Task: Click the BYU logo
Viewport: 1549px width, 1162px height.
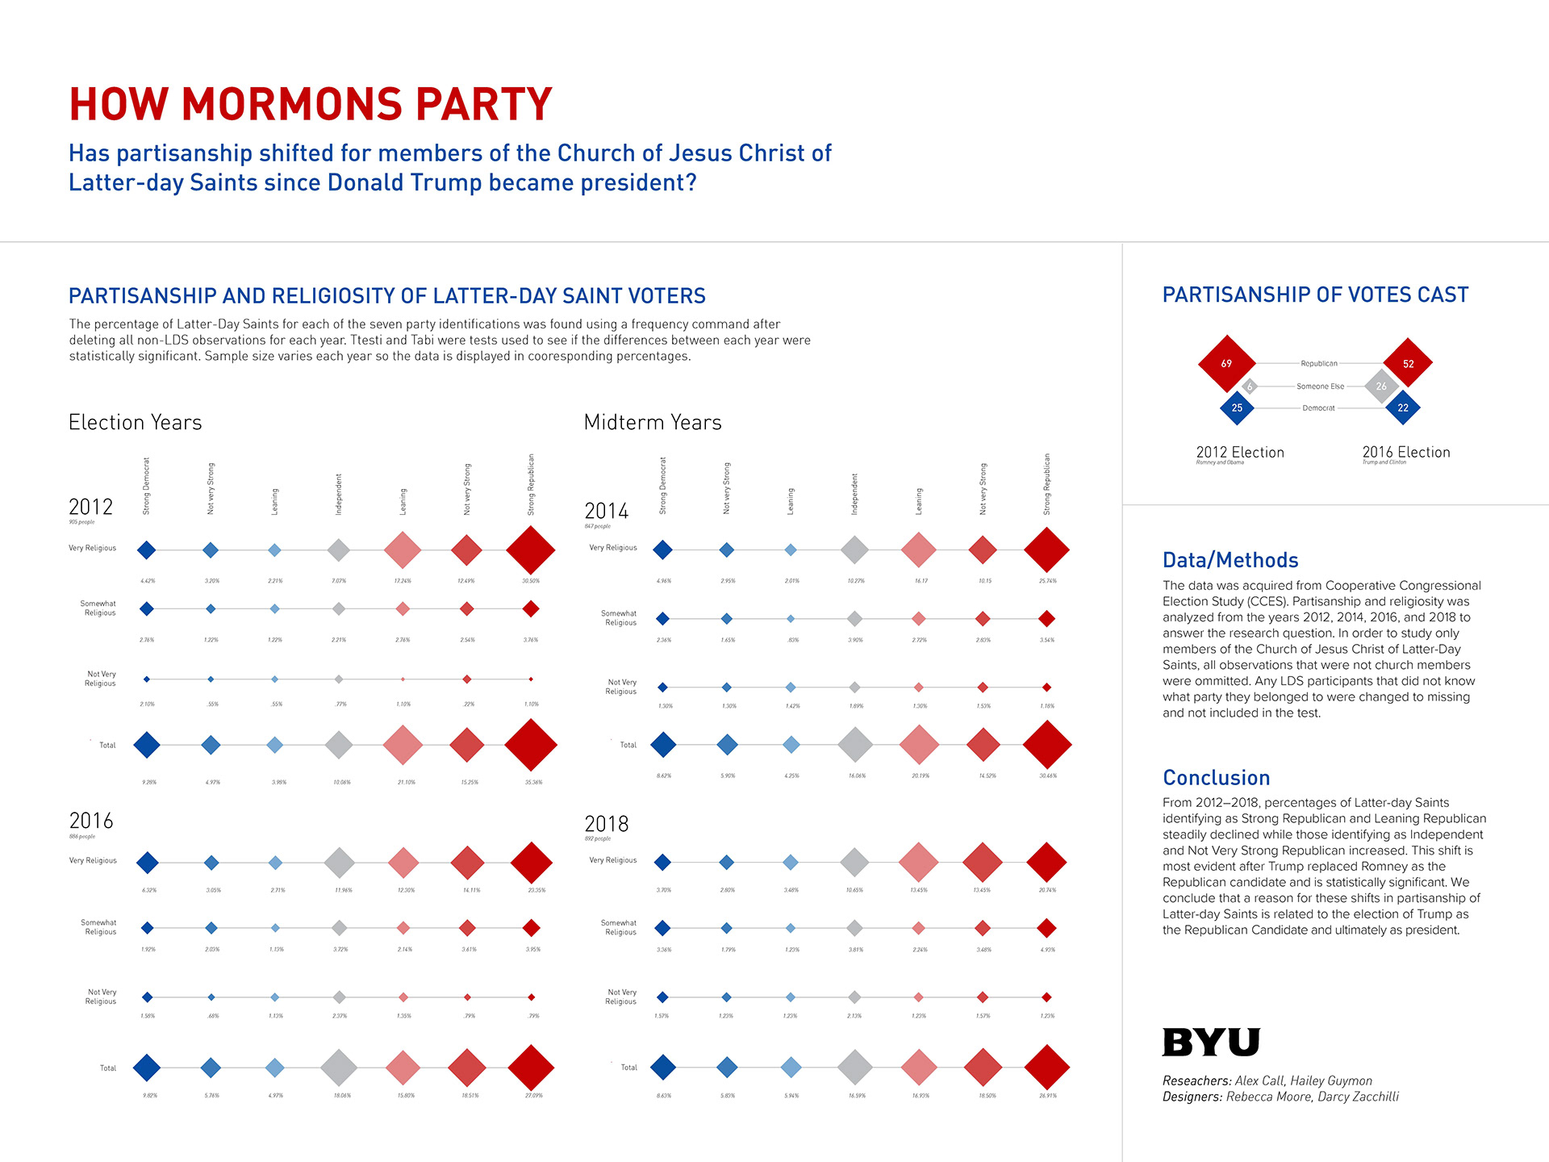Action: pyautogui.click(x=1210, y=1042)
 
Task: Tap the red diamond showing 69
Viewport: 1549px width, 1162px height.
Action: pyautogui.click(x=1226, y=364)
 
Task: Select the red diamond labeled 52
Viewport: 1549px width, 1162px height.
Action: pyautogui.click(x=1408, y=364)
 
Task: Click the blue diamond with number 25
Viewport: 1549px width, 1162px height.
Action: pyautogui.click(x=1237, y=408)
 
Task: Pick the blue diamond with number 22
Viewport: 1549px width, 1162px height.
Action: pyautogui.click(x=1403, y=408)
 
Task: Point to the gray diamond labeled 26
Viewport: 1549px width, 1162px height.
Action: pyautogui.click(x=1381, y=387)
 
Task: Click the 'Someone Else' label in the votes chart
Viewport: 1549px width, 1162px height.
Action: pyautogui.click(x=1320, y=387)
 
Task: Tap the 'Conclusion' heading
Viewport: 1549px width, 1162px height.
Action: pyautogui.click(x=1216, y=778)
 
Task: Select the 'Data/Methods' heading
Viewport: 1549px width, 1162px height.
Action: pyautogui.click(x=1230, y=560)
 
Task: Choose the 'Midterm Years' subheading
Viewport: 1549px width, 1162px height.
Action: pyautogui.click(x=652, y=422)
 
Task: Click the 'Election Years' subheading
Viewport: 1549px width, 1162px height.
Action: pyautogui.click(x=135, y=422)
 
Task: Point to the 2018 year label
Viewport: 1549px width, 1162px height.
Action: pyautogui.click(x=606, y=824)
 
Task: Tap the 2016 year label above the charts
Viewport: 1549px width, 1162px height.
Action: pyautogui.click(x=91, y=821)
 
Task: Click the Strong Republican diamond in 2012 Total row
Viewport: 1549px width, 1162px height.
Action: pyautogui.click(x=531, y=745)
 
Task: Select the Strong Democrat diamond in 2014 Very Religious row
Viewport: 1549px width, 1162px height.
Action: pyautogui.click(x=662, y=550)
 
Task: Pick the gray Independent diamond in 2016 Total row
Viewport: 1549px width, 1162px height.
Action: pyautogui.click(x=339, y=1068)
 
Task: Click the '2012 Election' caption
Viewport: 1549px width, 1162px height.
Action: pyautogui.click(x=1239, y=453)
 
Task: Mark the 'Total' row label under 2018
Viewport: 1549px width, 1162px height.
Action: pyautogui.click(x=628, y=1068)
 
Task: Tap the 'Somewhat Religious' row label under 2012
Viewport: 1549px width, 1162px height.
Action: pyautogui.click(x=98, y=608)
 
